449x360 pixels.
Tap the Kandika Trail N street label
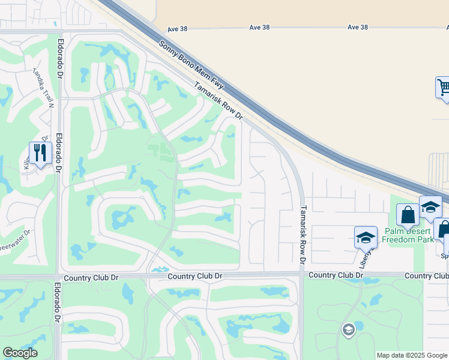44,88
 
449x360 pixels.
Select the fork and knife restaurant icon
40,152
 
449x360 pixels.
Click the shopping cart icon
443,88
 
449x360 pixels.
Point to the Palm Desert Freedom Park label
408,235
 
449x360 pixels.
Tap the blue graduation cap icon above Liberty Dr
365,238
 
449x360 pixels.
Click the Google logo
20,353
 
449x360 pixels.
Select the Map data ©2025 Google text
411,355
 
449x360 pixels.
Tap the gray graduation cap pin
348,329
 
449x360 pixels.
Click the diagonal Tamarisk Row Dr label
218,100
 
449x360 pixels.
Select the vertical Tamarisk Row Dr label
303,233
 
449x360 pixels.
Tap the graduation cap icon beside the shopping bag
430,207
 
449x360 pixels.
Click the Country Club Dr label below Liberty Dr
336,275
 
